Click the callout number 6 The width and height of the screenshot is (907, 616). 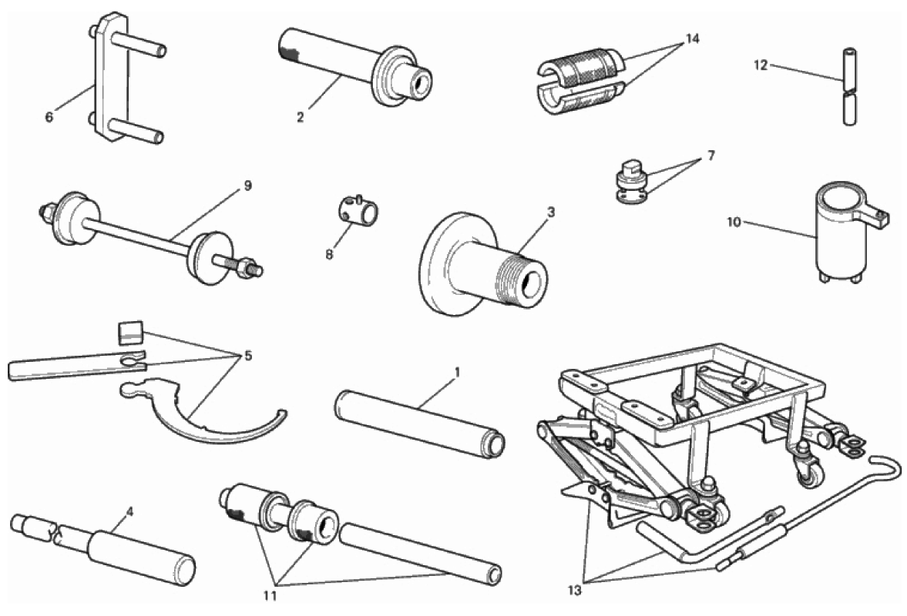pyautogui.click(x=49, y=118)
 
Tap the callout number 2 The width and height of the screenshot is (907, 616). pyautogui.click(x=301, y=117)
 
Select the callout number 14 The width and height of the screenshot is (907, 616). pyautogui.click(x=692, y=38)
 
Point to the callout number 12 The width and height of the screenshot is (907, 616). pyautogui.click(x=761, y=65)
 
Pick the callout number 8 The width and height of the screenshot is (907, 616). pyautogui.click(x=329, y=254)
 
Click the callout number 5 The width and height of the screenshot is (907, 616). pyautogui.click(x=247, y=356)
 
